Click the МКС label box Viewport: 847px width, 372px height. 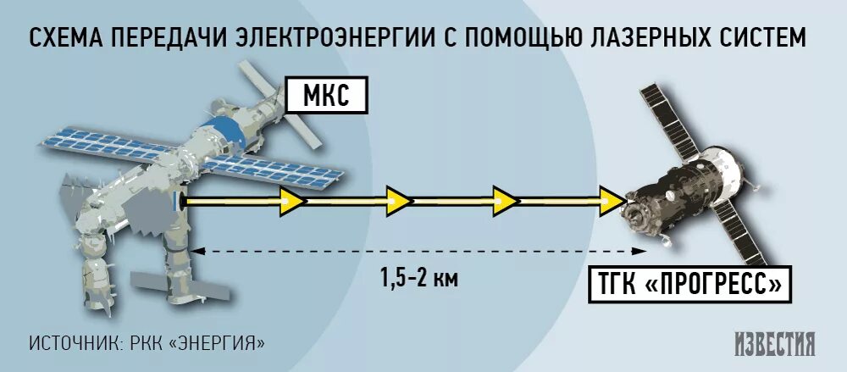pyautogui.click(x=328, y=96)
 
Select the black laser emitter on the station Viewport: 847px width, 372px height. pyautogui.click(x=179, y=201)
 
